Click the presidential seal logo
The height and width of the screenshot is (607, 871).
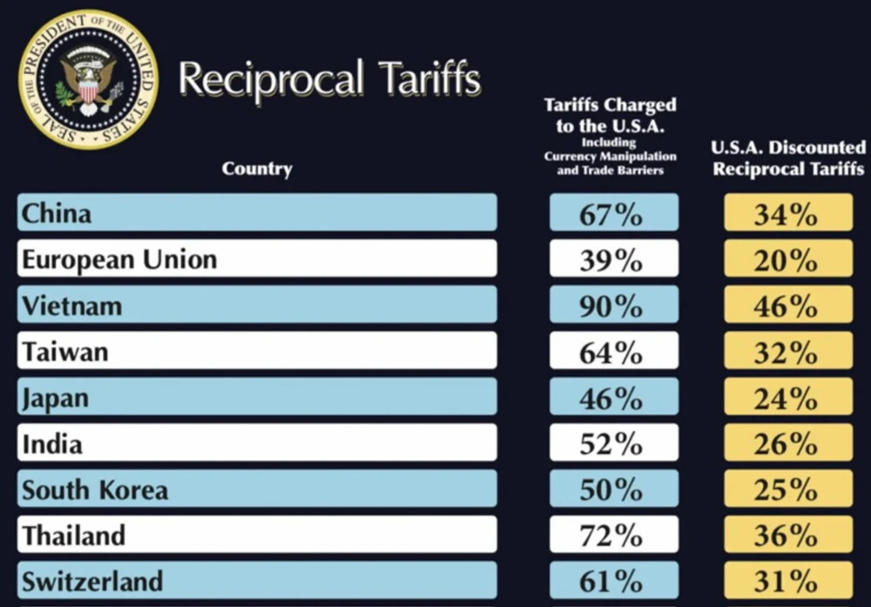pyautogui.click(x=87, y=78)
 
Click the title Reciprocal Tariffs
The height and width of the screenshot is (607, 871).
pyautogui.click(x=329, y=80)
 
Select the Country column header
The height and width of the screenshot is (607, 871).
pyautogui.click(x=257, y=168)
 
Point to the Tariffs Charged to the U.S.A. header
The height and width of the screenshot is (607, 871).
pyautogui.click(x=610, y=136)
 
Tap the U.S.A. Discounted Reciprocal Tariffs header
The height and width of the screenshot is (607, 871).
pyautogui.click(x=788, y=158)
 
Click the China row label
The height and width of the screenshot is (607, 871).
pyautogui.click(x=57, y=213)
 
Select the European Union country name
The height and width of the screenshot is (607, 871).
pyautogui.click(x=119, y=260)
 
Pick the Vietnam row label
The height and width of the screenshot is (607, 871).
pyautogui.click(x=71, y=306)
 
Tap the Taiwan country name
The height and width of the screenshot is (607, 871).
pyautogui.click(x=65, y=352)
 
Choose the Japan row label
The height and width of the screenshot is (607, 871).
pyautogui.click(x=56, y=398)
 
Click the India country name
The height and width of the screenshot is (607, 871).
pyautogui.click(x=52, y=444)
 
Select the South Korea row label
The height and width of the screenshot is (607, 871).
pyautogui.click(x=95, y=490)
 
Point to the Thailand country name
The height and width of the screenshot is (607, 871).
pyautogui.click(x=74, y=536)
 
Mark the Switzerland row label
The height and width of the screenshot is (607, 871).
pyautogui.click(x=92, y=581)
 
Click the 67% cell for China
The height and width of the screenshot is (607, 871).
pyautogui.click(x=613, y=214)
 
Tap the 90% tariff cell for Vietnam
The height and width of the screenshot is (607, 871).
pyautogui.click(x=613, y=307)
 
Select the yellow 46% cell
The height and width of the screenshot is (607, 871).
pyautogui.click(x=787, y=307)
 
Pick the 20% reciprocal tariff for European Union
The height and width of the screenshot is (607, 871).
pyautogui.click(x=787, y=260)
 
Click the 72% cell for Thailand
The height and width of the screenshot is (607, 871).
pyautogui.click(x=613, y=536)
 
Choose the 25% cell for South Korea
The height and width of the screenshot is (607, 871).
pyautogui.click(x=787, y=490)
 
